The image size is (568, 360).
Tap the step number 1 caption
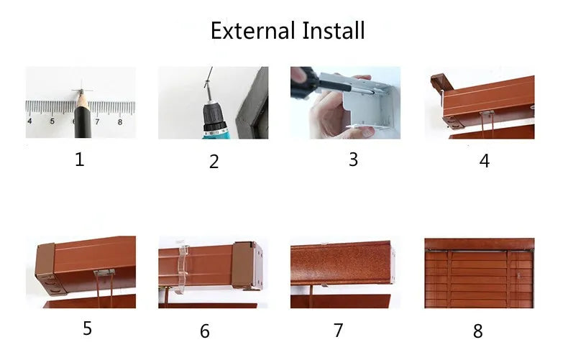(x=80, y=160)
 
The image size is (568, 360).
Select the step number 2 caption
(x=214, y=161)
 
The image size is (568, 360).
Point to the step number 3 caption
(x=353, y=160)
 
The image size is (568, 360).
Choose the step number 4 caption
(x=484, y=161)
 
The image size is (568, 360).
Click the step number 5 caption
(x=87, y=328)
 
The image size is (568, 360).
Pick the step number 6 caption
(x=205, y=331)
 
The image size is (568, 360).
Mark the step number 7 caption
(x=338, y=330)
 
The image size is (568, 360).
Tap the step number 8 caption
(x=477, y=331)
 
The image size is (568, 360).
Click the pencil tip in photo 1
(x=81, y=93)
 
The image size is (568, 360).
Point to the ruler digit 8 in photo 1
(x=119, y=121)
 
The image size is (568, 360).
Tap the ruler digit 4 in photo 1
(x=29, y=121)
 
